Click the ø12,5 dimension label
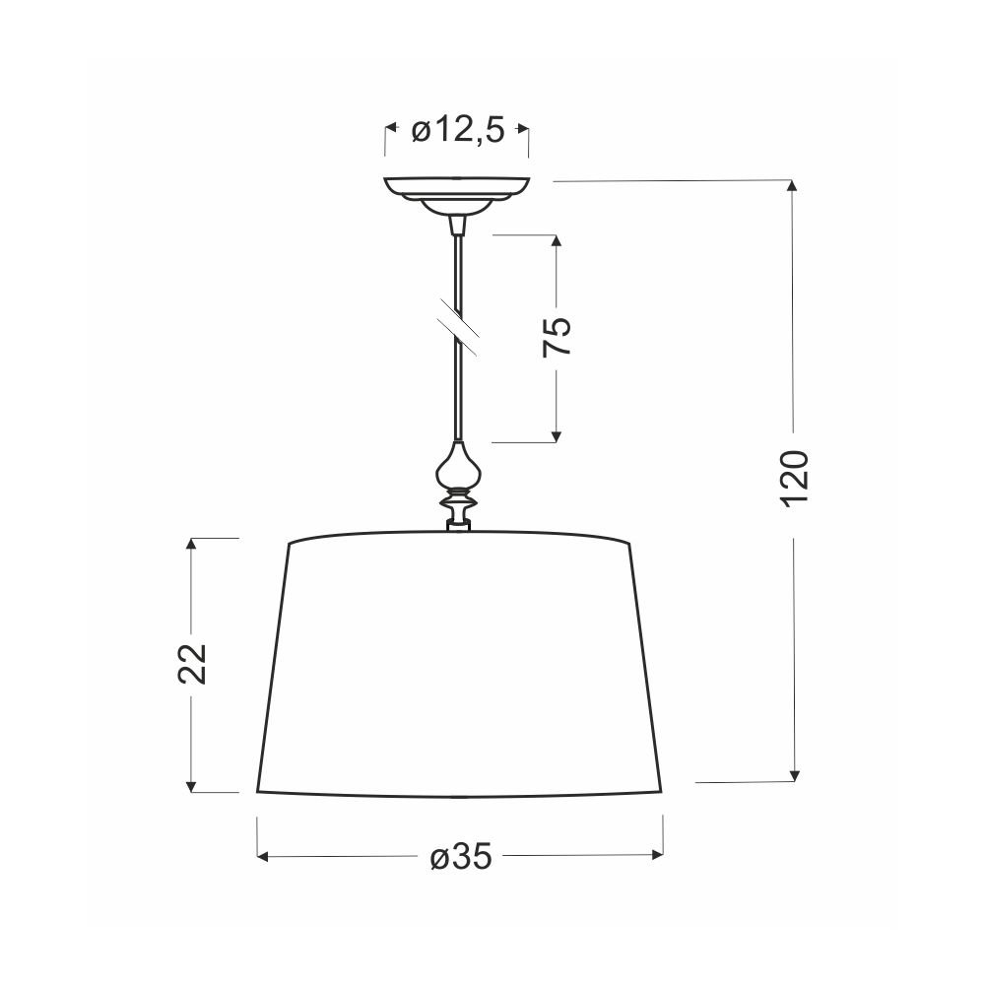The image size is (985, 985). pos(458,131)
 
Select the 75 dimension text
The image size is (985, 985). pos(558,336)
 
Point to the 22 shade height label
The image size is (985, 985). pos(192,663)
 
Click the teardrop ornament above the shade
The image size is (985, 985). pos(459,466)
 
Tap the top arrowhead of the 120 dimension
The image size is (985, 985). pos(793,186)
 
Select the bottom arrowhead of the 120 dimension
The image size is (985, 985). pos(795,775)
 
